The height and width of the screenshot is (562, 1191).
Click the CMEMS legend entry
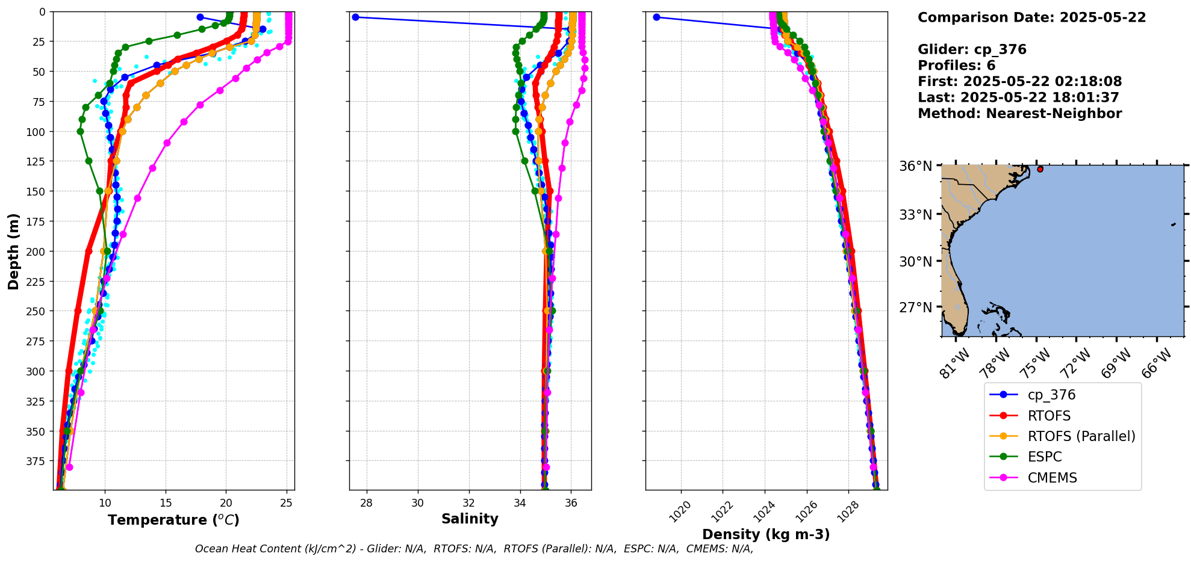(1052, 478)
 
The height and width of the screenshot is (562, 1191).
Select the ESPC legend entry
(1045, 457)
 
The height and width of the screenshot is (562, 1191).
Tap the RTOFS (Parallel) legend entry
(1081, 436)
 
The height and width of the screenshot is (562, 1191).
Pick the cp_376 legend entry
(1051, 395)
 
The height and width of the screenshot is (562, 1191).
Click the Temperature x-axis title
(173, 520)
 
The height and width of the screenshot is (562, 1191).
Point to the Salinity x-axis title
(470, 519)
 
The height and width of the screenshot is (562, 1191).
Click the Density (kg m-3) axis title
(766, 534)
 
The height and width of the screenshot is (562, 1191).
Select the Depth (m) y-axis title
(13, 251)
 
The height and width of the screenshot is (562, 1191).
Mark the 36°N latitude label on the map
(915, 166)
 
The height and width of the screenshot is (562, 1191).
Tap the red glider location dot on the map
(1040, 169)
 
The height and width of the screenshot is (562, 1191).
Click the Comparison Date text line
(1031, 17)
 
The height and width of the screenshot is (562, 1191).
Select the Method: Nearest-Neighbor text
(1019, 114)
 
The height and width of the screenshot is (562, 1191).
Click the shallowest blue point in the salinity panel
(355, 17)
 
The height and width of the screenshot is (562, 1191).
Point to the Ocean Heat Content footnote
(474, 549)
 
